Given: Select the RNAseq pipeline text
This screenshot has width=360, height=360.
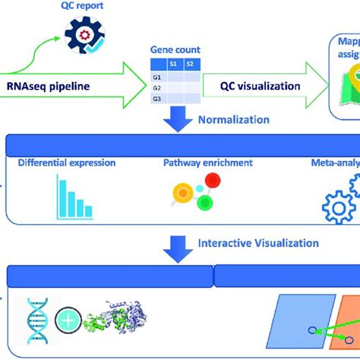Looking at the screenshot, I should [x=58, y=86].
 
